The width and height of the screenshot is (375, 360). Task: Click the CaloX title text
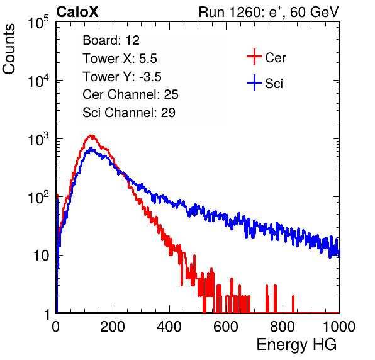point(77,12)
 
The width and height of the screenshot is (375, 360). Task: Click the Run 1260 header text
point(269,12)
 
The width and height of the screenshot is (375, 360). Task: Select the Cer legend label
point(275,58)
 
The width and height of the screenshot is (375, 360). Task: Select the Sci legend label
point(274,84)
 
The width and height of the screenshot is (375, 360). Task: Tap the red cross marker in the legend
point(254,57)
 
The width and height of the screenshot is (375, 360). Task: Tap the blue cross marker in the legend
point(254,82)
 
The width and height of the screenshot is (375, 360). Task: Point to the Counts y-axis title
point(9,49)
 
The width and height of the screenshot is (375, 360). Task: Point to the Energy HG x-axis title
point(296,345)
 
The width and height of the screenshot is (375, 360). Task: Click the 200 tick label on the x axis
point(113,327)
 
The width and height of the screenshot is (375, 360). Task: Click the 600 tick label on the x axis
point(226,327)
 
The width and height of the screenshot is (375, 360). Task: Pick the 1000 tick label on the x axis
point(339,327)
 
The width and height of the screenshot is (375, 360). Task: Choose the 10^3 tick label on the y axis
point(38,139)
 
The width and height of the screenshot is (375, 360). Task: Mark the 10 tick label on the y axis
point(41,256)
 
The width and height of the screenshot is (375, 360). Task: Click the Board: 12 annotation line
point(111,40)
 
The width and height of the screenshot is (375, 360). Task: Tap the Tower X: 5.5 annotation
point(120,59)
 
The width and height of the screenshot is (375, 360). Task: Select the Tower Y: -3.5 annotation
point(122,77)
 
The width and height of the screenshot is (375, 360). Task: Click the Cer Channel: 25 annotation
point(130,94)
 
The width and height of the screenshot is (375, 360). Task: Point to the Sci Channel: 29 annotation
point(129,113)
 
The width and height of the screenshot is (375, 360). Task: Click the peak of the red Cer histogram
point(91,137)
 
